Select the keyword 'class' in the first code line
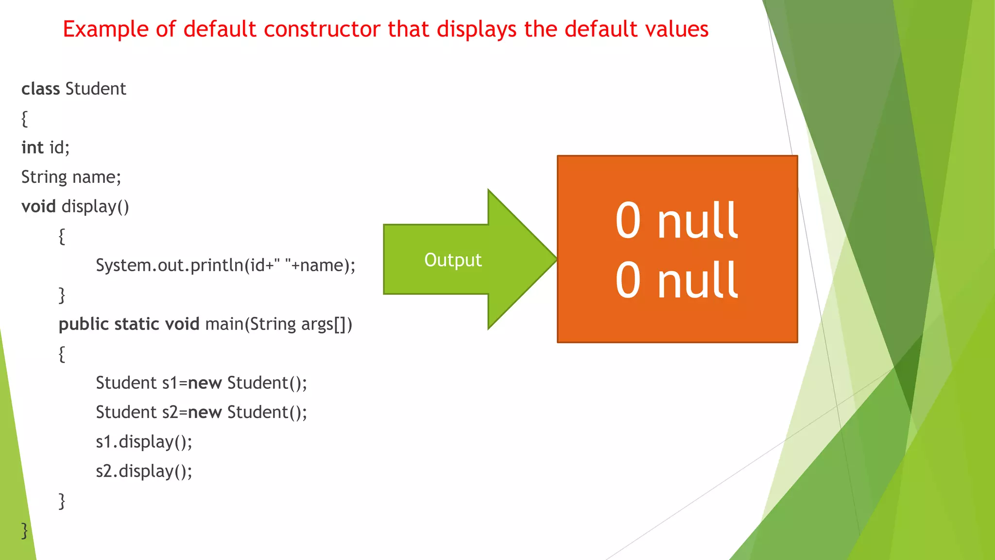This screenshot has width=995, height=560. [x=40, y=89]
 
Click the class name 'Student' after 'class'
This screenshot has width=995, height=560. [x=96, y=89]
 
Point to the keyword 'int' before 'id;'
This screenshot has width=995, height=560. [x=33, y=148]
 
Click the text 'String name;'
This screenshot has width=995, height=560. [x=71, y=177]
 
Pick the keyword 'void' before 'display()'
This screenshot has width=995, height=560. [x=38, y=207]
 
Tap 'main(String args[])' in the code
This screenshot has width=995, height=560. [x=278, y=324]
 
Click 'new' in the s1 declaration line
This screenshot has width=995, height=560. [x=205, y=383]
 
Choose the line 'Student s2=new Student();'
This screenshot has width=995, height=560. [x=201, y=412]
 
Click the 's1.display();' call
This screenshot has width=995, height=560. [x=144, y=442]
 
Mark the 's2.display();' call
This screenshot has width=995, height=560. [x=144, y=471]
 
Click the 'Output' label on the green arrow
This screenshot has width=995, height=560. [x=453, y=260]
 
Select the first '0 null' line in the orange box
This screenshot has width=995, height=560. [x=677, y=221]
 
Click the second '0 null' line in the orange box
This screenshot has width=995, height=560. [x=677, y=280]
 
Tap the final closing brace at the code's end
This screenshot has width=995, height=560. [x=24, y=530]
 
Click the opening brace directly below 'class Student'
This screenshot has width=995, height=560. [x=24, y=119]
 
